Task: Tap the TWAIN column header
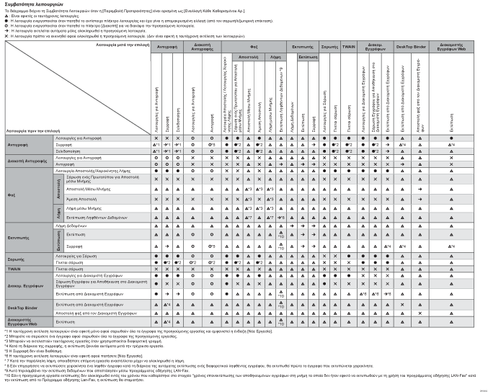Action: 348,45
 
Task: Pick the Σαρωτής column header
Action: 329,45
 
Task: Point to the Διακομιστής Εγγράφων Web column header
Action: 451,45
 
